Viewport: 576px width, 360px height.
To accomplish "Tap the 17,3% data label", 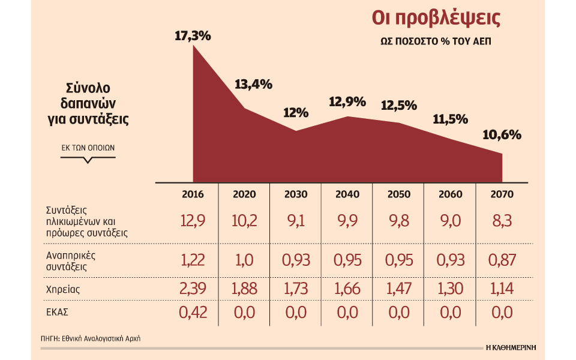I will (x=193, y=35).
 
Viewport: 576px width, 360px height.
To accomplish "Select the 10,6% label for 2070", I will (x=502, y=134).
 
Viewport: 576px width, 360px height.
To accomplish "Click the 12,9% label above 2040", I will (x=347, y=102).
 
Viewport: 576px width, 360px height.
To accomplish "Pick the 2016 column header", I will (x=193, y=194).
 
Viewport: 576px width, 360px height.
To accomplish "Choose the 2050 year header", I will (x=399, y=194).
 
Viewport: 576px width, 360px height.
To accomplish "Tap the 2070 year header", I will (x=502, y=194).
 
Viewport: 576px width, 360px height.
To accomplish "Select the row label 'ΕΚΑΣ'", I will (x=58, y=313).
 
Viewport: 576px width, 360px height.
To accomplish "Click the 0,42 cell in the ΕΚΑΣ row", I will (x=193, y=313).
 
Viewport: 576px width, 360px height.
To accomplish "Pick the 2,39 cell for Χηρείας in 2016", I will (x=193, y=289).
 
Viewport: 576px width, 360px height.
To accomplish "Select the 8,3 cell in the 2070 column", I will (x=502, y=221).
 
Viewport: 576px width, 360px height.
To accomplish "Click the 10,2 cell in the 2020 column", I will (x=244, y=221).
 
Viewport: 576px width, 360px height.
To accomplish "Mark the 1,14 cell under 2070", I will (x=502, y=289).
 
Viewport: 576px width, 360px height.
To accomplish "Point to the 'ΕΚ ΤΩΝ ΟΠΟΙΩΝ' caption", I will (x=88, y=147).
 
